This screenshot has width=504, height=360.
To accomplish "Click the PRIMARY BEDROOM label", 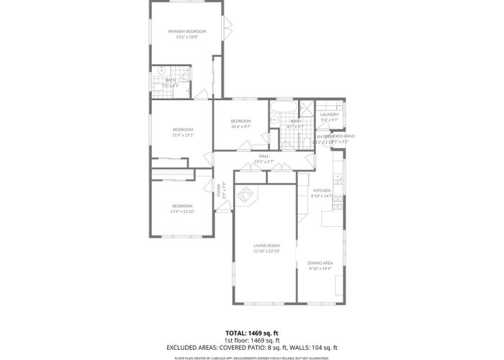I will click(186, 31).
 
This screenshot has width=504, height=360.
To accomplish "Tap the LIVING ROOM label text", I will click(266, 246).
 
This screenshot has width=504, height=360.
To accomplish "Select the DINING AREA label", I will click(320, 263).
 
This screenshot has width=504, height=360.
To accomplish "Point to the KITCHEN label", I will click(321, 190).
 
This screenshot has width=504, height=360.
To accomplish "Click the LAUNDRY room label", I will click(329, 114).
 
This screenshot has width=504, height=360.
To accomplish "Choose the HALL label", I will click(264, 156).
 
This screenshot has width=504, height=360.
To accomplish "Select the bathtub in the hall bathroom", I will click(279, 109).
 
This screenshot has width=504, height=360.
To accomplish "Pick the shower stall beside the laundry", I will click(307, 110).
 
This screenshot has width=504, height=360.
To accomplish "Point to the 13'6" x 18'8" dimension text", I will click(186, 37).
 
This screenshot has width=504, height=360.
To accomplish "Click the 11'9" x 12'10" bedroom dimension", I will click(182, 212).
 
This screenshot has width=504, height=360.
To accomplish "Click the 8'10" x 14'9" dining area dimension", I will click(320, 269).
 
